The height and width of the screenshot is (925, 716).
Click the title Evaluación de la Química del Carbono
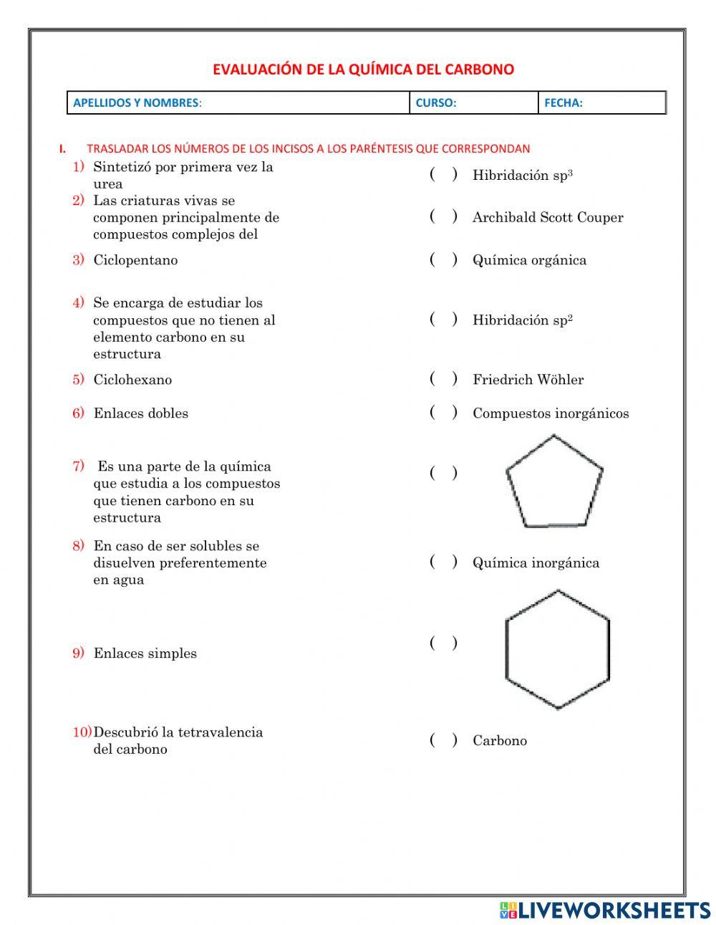click(x=363, y=70)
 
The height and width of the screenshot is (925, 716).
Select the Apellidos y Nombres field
click(x=238, y=102)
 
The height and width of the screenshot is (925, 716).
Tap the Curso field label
click(x=435, y=102)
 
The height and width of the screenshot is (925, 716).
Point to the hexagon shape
click(x=557, y=649)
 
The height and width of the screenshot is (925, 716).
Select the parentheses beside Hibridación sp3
click(x=443, y=175)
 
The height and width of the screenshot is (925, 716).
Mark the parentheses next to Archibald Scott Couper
click(x=443, y=216)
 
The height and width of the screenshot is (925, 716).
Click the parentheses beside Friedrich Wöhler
click(x=443, y=379)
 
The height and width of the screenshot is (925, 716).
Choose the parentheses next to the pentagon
click(x=443, y=473)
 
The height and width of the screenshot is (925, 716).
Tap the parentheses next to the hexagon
click(x=443, y=643)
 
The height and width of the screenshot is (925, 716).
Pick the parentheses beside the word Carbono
click(x=443, y=740)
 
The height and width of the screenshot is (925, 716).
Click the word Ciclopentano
click(x=135, y=260)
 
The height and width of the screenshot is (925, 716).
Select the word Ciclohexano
click(x=132, y=380)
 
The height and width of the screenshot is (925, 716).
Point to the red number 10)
click(x=82, y=732)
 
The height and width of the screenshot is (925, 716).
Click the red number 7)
click(x=78, y=466)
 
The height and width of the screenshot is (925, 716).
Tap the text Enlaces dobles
click(x=140, y=413)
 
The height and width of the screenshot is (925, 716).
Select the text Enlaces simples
click(x=145, y=653)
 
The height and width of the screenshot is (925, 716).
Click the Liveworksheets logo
click(x=605, y=910)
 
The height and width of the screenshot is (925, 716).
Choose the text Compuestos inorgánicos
click(x=550, y=413)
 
